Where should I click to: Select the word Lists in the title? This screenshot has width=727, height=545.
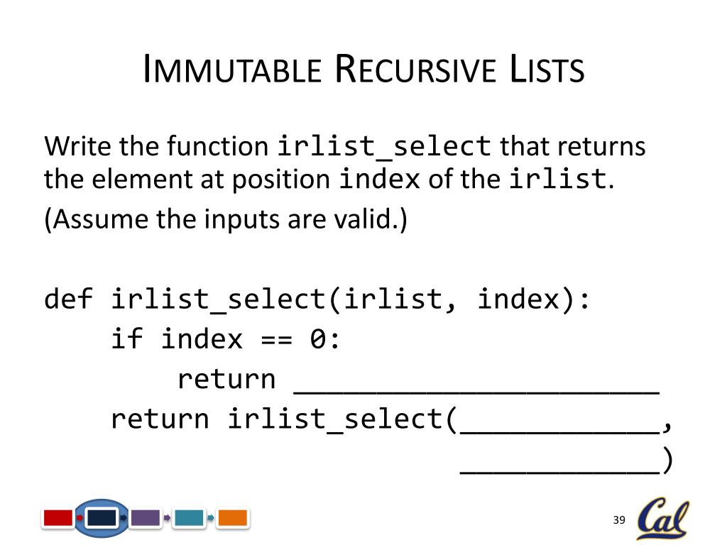(x=546, y=71)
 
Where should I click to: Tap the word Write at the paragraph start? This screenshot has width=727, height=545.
(x=79, y=147)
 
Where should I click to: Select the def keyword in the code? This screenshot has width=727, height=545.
(x=68, y=299)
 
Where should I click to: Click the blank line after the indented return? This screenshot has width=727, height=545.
(x=476, y=383)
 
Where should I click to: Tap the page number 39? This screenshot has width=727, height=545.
(x=618, y=521)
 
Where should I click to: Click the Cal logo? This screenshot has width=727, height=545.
(x=662, y=519)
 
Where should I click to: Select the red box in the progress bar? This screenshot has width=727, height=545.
(x=58, y=518)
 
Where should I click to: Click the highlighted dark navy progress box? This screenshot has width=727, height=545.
(x=102, y=518)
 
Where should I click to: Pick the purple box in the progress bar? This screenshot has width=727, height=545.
(x=146, y=518)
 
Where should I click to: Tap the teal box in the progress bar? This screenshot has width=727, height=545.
(x=189, y=518)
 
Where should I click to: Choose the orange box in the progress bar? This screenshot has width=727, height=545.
(x=232, y=518)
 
